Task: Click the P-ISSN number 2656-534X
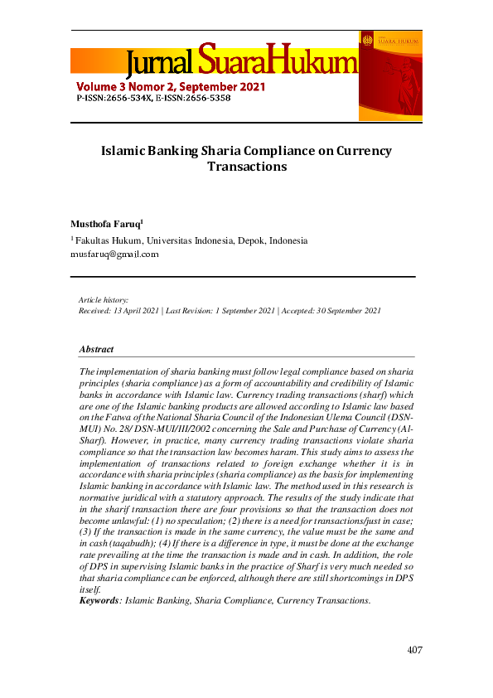(125, 97)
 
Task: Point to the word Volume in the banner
(99, 85)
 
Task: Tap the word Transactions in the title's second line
(246, 167)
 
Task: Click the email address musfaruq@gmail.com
(114, 254)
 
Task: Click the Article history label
(103, 299)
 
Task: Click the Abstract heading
(96, 349)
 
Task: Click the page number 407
(414, 650)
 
